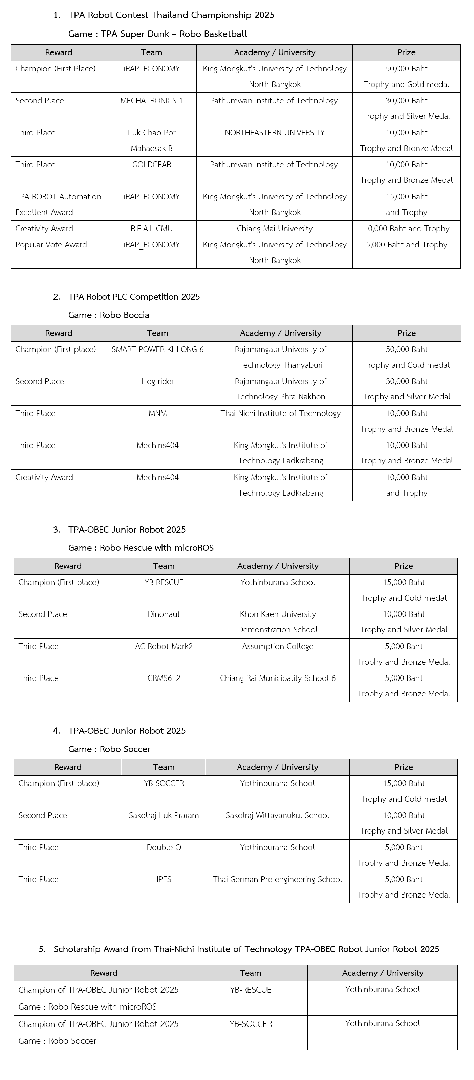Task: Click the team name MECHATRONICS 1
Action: coord(151,101)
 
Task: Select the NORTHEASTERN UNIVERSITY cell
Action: coord(275,132)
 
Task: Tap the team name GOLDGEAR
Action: coord(151,164)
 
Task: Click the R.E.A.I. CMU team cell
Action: coord(151,229)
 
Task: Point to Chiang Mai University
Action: coord(275,229)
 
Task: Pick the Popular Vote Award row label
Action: coord(51,245)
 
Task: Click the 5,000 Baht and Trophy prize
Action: coord(406,245)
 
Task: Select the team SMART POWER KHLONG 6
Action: coord(157,349)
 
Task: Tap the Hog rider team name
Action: coord(157,381)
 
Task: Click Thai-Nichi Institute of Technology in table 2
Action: coord(280,413)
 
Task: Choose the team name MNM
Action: coord(157,413)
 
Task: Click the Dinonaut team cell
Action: coord(164,614)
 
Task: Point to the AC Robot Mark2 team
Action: coord(164,646)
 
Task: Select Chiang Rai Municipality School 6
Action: coord(277,678)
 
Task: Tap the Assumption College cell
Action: coord(277,646)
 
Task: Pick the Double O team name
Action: coord(164,847)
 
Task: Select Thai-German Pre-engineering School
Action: coord(277,879)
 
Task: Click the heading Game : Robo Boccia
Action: coord(109,315)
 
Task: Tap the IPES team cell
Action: coord(164,879)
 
